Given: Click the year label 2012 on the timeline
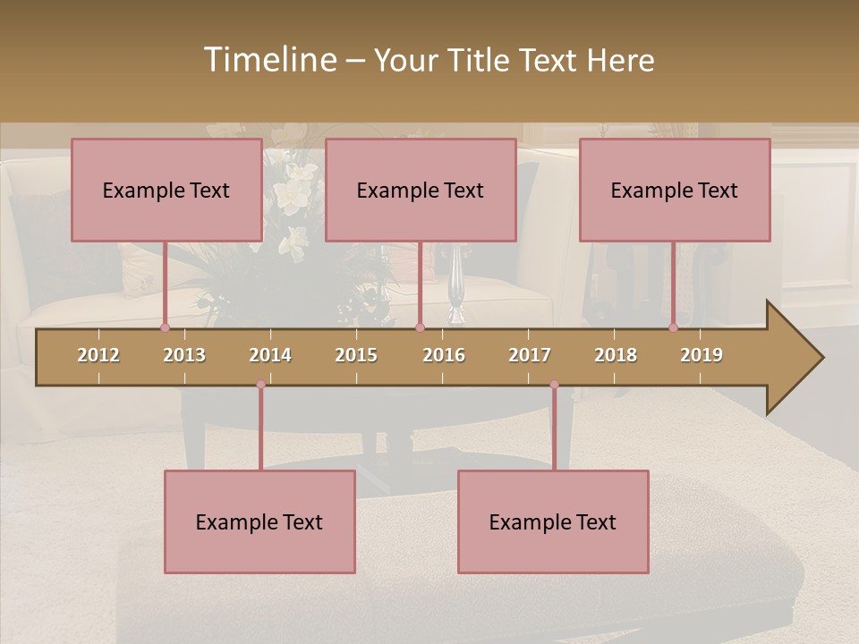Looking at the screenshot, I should tap(98, 355).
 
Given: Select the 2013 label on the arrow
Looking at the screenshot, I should tap(184, 355).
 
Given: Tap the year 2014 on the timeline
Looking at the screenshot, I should tap(270, 355).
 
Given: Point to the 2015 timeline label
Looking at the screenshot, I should tap(356, 355).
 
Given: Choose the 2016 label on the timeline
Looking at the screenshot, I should tap(444, 355).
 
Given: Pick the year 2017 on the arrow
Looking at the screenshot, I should tap(530, 355).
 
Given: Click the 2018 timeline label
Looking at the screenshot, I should tap(616, 355).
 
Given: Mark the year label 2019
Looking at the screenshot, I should tap(702, 355).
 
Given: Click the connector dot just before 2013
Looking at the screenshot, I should tap(165, 327).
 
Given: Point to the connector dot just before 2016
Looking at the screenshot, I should tap(420, 327).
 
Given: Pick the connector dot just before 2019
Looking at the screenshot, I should tap(673, 327).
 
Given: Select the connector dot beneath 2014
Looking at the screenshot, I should tap(260, 385).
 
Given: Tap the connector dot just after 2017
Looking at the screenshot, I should tap(554, 385).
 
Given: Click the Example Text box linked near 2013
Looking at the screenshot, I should tap(166, 190).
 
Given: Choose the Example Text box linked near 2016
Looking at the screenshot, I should tap(421, 190).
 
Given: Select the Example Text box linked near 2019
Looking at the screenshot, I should tap(675, 190).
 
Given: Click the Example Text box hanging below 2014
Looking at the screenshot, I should tap(259, 521).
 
